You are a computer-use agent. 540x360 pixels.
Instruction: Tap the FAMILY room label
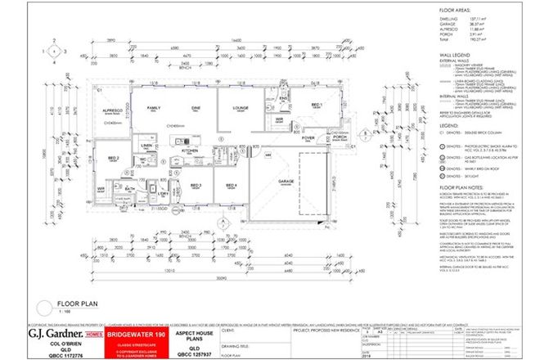pos(154,107)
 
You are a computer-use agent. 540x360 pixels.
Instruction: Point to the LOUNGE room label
pos(241,107)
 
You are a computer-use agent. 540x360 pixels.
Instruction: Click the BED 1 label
pos(316,106)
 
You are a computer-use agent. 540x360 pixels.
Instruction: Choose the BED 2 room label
pos(115,159)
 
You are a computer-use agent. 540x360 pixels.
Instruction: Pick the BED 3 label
pos(196,185)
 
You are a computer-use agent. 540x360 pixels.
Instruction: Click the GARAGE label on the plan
pos(286,181)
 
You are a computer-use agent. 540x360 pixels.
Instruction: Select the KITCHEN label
pos(190,151)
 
